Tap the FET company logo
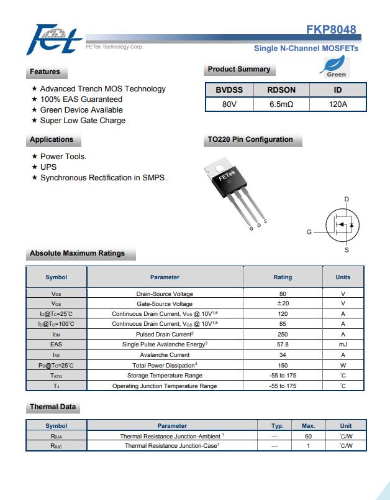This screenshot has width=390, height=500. (54, 40)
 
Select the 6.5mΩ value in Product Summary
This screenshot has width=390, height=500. (281, 104)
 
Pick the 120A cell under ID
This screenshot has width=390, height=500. (338, 104)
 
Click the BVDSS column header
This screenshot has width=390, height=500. (229, 90)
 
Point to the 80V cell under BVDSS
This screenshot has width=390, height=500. (229, 104)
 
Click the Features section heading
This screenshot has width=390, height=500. (45, 72)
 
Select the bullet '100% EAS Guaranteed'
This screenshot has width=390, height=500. (81, 100)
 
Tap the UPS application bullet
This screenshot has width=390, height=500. (48, 167)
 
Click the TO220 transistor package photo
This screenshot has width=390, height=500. (234, 190)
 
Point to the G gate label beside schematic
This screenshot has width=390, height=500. (309, 232)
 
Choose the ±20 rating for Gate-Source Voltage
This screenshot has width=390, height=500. (283, 303)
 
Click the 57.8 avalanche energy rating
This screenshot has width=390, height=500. (283, 344)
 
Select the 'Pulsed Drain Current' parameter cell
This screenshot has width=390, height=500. (165, 334)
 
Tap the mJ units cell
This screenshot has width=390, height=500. (343, 344)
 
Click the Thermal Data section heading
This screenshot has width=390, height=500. (53, 407)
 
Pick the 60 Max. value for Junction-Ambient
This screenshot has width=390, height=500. (308, 436)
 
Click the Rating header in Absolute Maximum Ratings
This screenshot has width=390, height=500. (283, 277)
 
